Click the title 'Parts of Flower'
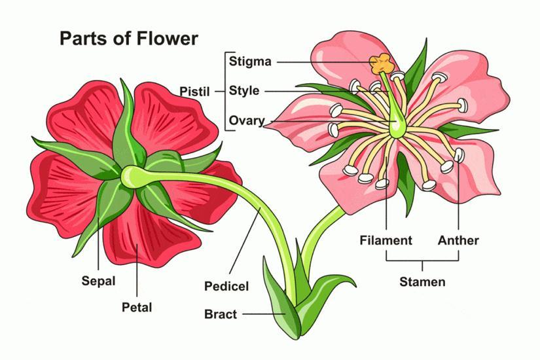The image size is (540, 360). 128,38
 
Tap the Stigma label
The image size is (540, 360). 250,62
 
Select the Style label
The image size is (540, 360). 244,91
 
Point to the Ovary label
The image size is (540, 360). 247,120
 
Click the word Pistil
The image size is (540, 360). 194,92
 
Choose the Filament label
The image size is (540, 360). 386,240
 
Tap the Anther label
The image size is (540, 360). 458,240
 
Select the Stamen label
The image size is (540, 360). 422,282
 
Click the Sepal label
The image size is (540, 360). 98,281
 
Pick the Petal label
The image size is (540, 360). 137,306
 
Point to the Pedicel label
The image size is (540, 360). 226,286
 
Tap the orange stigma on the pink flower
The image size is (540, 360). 381,64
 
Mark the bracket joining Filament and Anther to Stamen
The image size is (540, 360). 422,261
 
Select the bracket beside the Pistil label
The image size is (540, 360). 225,91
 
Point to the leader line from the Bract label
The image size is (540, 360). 262,314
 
